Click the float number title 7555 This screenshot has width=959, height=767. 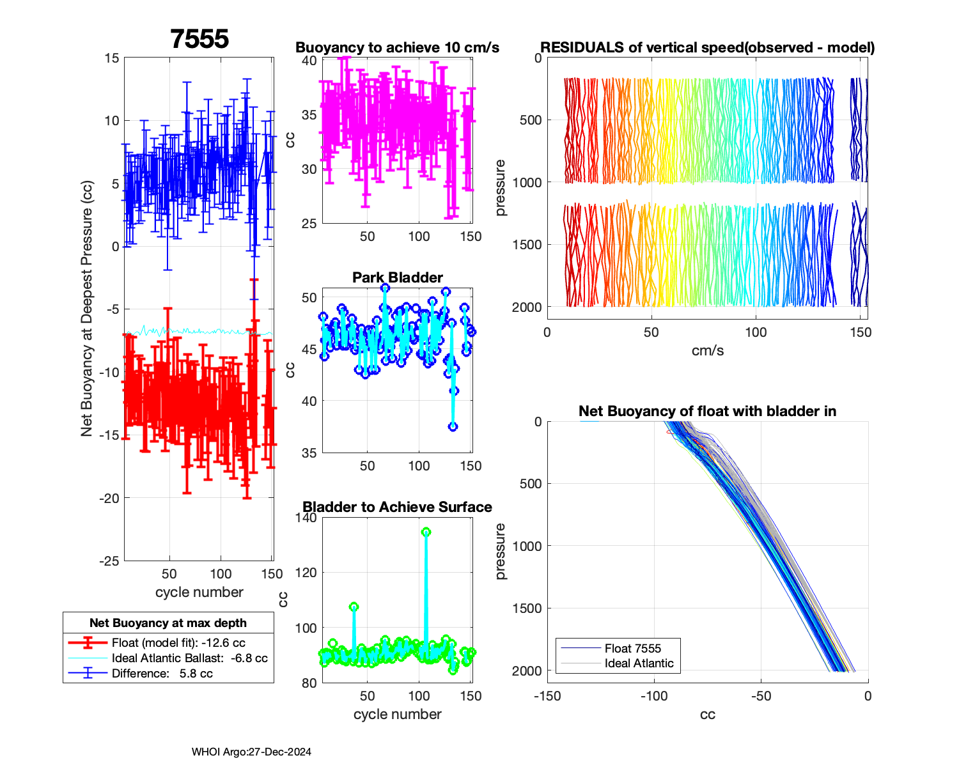point(199,39)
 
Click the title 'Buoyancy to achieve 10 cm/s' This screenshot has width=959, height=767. point(397,47)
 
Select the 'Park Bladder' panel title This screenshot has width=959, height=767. point(397,277)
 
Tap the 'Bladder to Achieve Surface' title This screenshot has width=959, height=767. point(397,507)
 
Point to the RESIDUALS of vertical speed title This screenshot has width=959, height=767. point(707,47)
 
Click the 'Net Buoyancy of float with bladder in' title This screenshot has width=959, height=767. point(707,411)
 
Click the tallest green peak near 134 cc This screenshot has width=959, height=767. point(426,532)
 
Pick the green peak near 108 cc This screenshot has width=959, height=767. point(354,607)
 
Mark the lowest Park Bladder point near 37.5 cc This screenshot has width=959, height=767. point(453,426)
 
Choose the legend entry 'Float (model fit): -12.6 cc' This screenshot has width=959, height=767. point(178,642)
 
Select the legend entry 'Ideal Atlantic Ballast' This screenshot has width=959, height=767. point(189,658)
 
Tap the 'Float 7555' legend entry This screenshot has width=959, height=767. point(632,648)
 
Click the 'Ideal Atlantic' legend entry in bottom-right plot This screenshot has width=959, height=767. point(639,663)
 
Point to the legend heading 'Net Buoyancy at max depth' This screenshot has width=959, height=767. point(168,623)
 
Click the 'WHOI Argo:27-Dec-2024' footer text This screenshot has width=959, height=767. point(251,752)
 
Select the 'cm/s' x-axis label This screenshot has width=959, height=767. point(707,350)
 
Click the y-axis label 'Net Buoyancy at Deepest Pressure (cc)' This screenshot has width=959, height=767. point(87,309)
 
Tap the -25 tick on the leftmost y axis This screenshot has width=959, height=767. point(109,561)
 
